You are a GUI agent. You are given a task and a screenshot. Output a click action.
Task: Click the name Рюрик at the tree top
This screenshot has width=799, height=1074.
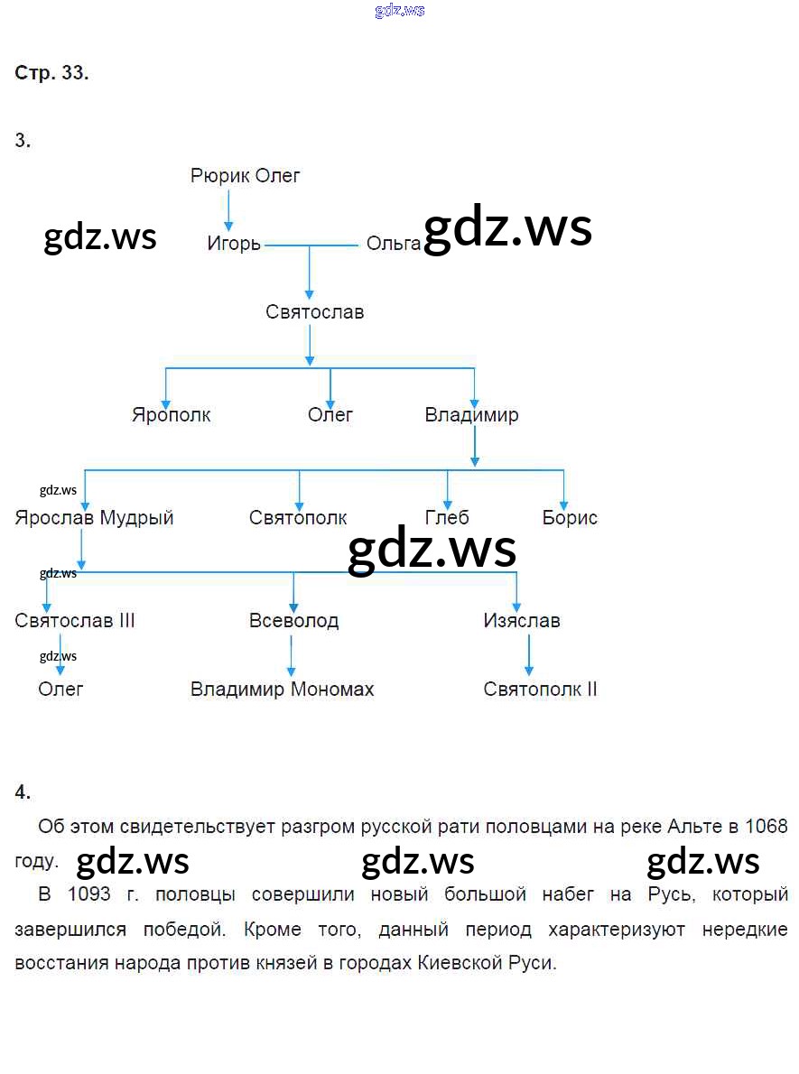(219, 176)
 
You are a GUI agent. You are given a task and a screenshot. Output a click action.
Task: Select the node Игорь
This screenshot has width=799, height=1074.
(234, 244)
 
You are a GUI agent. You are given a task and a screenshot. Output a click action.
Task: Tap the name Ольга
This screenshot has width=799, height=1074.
(393, 244)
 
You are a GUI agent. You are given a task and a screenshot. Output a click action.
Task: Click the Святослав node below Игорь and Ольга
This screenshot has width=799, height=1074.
(315, 312)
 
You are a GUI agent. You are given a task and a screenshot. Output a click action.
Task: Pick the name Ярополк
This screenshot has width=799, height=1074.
(172, 415)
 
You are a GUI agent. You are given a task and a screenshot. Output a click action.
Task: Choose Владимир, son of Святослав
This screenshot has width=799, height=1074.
(471, 415)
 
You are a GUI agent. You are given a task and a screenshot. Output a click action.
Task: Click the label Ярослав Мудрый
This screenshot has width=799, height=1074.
(94, 518)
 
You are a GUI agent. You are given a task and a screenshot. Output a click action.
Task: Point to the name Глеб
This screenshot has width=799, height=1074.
(447, 518)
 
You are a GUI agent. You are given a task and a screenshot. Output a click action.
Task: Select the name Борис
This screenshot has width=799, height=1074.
(570, 518)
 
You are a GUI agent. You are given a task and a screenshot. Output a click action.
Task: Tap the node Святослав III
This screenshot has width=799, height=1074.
(75, 621)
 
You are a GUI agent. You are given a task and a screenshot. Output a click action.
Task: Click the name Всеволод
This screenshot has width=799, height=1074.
(294, 621)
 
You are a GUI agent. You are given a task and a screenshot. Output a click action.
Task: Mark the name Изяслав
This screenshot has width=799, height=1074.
(522, 621)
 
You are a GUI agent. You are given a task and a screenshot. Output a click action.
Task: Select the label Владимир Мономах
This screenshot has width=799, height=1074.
(282, 690)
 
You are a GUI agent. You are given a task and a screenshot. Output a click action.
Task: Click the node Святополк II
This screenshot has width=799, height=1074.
(540, 690)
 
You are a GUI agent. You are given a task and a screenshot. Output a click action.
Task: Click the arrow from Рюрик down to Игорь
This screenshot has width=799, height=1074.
(228, 210)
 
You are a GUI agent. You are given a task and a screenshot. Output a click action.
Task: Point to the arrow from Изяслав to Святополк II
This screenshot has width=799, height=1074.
(529, 656)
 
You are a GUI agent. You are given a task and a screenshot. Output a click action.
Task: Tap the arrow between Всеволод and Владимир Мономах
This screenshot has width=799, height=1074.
(291, 656)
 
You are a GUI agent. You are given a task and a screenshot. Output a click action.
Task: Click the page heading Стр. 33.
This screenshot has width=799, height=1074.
(51, 74)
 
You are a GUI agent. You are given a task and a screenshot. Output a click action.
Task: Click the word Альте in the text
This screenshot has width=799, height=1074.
(692, 827)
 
